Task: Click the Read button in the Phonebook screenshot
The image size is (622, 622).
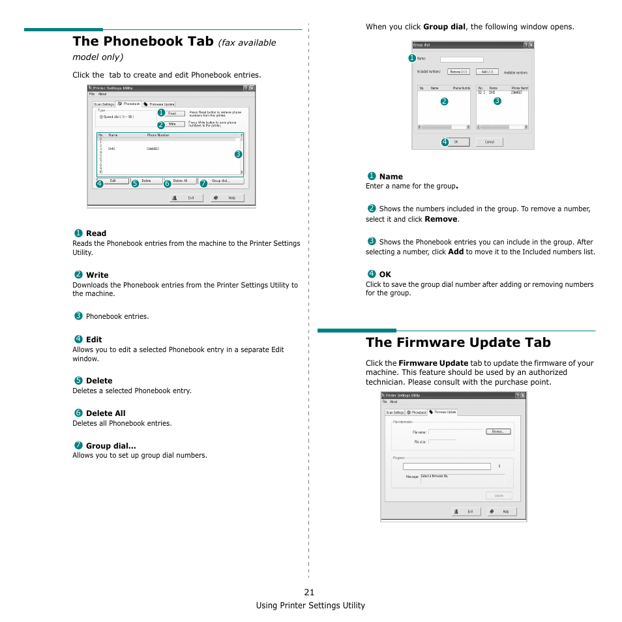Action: tap(172, 113)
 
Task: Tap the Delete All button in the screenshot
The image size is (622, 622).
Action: tap(180, 181)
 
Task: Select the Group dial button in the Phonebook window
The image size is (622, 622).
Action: tap(219, 181)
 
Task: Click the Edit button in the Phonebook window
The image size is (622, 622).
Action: tap(113, 181)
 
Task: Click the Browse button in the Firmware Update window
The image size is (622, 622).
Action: tap(498, 431)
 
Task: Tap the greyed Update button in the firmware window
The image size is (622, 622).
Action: tap(499, 496)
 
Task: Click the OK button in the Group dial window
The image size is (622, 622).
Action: tap(456, 141)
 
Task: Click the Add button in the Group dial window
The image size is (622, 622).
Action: tap(488, 72)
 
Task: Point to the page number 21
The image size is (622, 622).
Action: tap(309, 592)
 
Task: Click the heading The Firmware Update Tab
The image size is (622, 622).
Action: tap(458, 342)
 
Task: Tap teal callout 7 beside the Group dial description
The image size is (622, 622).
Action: tap(78, 445)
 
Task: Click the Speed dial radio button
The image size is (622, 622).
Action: tap(101, 117)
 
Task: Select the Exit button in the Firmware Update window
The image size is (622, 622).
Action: tap(466, 512)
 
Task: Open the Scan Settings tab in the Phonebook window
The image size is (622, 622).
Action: tap(104, 104)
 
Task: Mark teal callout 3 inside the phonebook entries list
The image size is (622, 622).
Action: tap(238, 154)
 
